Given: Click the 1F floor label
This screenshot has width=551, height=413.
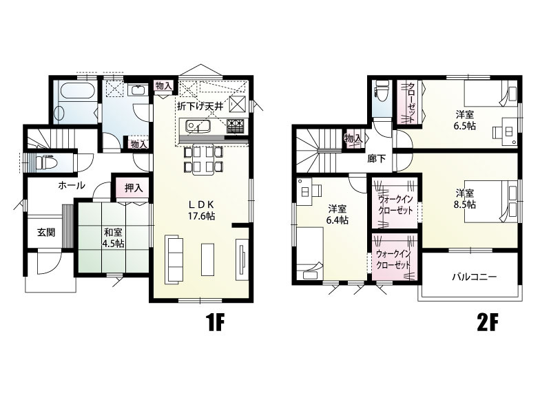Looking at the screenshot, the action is [x=215, y=323].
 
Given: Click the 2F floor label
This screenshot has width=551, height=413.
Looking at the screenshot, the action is [x=488, y=323].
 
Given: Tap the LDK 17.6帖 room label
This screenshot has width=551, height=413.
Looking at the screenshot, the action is [x=201, y=210].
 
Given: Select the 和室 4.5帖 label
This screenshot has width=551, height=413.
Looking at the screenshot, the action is [x=113, y=237].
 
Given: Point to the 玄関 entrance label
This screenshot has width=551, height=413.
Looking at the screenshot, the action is [x=46, y=232].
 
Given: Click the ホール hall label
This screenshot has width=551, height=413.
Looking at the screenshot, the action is [x=72, y=185].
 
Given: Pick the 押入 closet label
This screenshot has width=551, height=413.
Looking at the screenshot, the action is [x=134, y=188].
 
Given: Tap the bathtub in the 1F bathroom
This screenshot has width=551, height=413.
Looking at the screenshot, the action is [x=78, y=91].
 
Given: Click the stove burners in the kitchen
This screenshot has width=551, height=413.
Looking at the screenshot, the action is [x=235, y=126].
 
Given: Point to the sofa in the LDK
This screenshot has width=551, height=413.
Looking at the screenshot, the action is [x=174, y=260].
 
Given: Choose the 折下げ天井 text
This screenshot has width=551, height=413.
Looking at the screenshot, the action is [x=200, y=106].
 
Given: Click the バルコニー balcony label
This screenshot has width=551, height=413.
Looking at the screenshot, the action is [x=474, y=277].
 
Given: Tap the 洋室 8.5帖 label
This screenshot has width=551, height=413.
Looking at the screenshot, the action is [x=464, y=198].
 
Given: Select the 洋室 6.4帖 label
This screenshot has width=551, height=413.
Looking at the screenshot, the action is [x=337, y=215].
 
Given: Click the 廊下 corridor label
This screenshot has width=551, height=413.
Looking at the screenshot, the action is [x=376, y=159].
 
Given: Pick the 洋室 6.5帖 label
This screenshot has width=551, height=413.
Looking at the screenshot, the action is [x=464, y=120].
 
